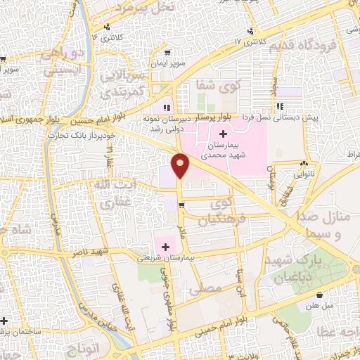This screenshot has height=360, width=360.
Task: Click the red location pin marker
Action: coord(181,166)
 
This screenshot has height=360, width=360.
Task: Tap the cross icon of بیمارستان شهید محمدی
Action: coord(224,134)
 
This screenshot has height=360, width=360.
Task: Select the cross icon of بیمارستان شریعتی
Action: coord(166,246)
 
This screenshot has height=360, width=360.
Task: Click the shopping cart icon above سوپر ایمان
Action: coord(167,52)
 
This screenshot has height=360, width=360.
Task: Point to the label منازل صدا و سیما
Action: coord(327,225)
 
